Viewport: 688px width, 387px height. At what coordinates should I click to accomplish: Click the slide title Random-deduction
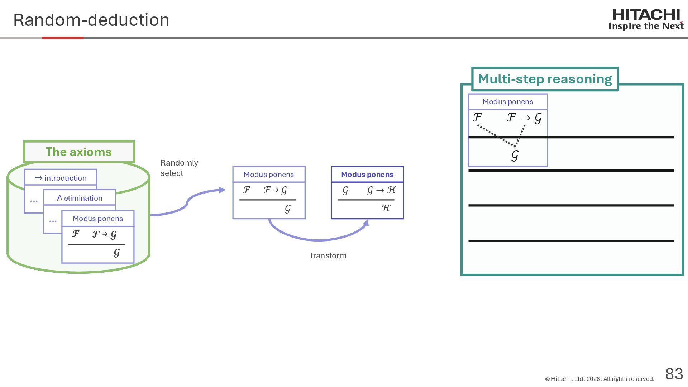(x=91, y=20)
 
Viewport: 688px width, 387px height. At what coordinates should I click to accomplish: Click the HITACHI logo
(x=646, y=15)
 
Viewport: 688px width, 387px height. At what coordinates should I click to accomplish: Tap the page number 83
(x=674, y=374)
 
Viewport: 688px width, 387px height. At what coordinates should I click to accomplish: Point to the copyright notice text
(x=599, y=379)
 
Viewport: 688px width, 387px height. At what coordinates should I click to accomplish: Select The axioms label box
(x=79, y=152)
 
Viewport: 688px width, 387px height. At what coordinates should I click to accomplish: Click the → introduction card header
(x=61, y=178)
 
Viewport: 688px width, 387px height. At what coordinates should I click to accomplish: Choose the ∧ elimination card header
(x=80, y=198)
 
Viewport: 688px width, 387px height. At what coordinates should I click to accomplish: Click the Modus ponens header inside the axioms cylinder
(x=98, y=219)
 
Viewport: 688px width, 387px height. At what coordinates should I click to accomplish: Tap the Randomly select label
(x=179, y=168)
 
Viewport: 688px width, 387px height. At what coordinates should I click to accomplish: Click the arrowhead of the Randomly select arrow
(x=222, y=190)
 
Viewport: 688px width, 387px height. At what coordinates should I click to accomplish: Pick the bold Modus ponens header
(x=367, y=175)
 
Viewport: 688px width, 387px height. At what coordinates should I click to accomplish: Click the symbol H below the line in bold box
(x=386, y=208)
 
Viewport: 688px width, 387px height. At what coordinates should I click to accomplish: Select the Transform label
(x=328, y=255)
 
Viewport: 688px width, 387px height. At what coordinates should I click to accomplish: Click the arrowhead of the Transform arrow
(x=366, y=223)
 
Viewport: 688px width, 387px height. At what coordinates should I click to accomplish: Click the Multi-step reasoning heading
(x=545, y=79)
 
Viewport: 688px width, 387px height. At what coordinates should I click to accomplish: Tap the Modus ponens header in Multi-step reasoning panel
(x=508, y=102)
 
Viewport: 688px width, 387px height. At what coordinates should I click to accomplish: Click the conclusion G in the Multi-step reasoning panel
(x=515, y=156)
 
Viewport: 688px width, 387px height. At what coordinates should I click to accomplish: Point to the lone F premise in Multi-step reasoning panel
(x=477, y=117)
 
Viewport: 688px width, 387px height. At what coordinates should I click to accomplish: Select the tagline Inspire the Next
(x=646, y=26)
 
